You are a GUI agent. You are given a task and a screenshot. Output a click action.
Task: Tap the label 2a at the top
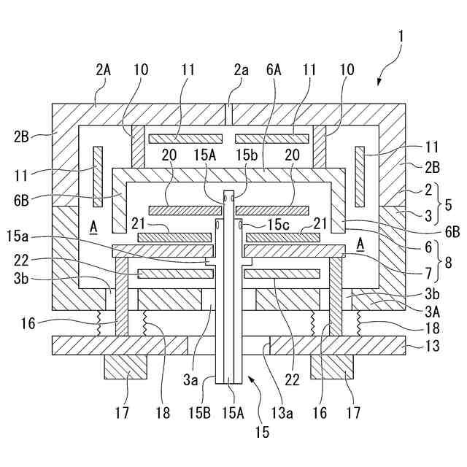coord(242,70)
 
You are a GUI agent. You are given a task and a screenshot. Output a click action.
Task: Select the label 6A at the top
coord(274,70)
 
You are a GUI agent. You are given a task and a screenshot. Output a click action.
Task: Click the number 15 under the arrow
coord(262,433)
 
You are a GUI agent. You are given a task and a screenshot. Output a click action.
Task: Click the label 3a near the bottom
coord(190,379)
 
